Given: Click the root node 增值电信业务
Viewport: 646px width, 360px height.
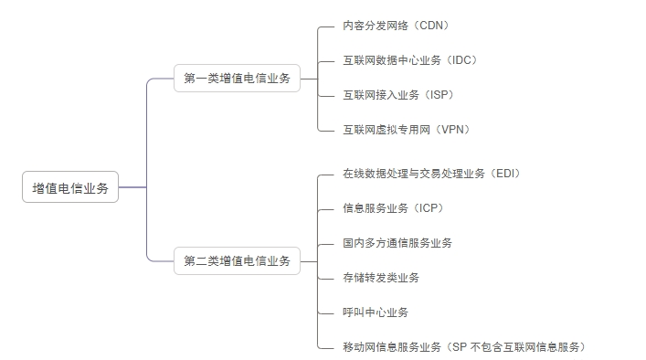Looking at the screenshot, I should (x=70, y=188).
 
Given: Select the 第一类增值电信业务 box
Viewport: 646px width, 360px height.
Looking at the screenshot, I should (x=237, y=79).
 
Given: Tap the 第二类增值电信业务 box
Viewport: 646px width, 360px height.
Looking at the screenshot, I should (x=237, y=260).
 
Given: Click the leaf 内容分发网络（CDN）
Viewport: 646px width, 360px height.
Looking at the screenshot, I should (x=396, y=26).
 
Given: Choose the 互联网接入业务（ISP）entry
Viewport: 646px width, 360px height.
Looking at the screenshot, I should (x=398, y=95).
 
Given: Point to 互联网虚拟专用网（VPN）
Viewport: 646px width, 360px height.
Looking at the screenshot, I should (x=407, y=130).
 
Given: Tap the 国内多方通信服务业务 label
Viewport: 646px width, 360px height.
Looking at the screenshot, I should (x=397, y=242).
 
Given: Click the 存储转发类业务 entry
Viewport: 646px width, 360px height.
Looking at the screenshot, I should (x=381, y=277).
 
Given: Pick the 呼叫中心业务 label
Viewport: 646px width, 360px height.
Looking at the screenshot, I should (x=376, y=312).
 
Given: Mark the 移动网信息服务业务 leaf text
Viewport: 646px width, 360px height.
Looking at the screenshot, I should (x=392, y=346).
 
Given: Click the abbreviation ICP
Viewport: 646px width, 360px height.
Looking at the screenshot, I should (x=429, y=207).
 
